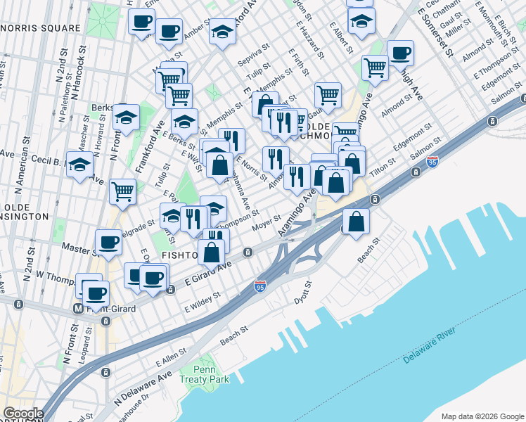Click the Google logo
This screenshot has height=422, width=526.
point(23,414)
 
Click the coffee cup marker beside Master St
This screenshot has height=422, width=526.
point(108,241)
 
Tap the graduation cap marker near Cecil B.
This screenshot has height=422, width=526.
point(79,165)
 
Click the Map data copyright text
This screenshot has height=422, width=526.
point(482,416)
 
